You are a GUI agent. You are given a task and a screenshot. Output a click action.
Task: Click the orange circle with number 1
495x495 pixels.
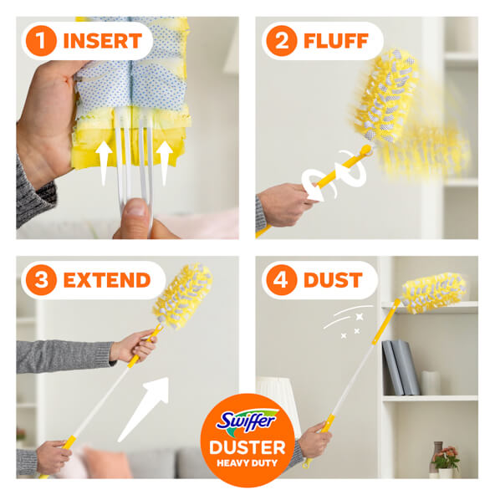41,41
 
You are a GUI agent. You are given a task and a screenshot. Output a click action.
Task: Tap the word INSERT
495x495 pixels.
103,41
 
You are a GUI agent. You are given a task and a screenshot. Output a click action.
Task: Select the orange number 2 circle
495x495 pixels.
282,41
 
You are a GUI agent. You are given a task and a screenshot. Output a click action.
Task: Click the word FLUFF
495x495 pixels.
336,41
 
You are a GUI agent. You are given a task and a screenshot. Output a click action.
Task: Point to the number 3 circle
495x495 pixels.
41,280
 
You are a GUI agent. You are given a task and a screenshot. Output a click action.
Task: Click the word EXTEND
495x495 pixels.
107,280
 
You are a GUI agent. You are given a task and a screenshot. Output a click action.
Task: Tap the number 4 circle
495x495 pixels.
282,280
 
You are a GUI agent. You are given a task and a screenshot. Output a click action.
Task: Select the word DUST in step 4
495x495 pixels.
333,280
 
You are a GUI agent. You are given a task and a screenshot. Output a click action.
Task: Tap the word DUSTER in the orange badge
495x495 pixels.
247,447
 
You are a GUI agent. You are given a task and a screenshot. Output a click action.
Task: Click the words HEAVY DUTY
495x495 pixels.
247,463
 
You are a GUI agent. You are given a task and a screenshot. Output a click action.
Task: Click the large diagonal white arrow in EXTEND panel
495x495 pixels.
144,409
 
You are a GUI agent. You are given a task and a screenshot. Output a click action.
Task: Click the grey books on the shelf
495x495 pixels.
401,367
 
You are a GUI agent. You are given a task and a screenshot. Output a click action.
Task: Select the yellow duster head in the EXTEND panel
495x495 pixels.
183,296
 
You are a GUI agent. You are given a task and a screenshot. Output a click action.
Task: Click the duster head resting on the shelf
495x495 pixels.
434,293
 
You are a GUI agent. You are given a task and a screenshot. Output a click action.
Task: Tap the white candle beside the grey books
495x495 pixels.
431,383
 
